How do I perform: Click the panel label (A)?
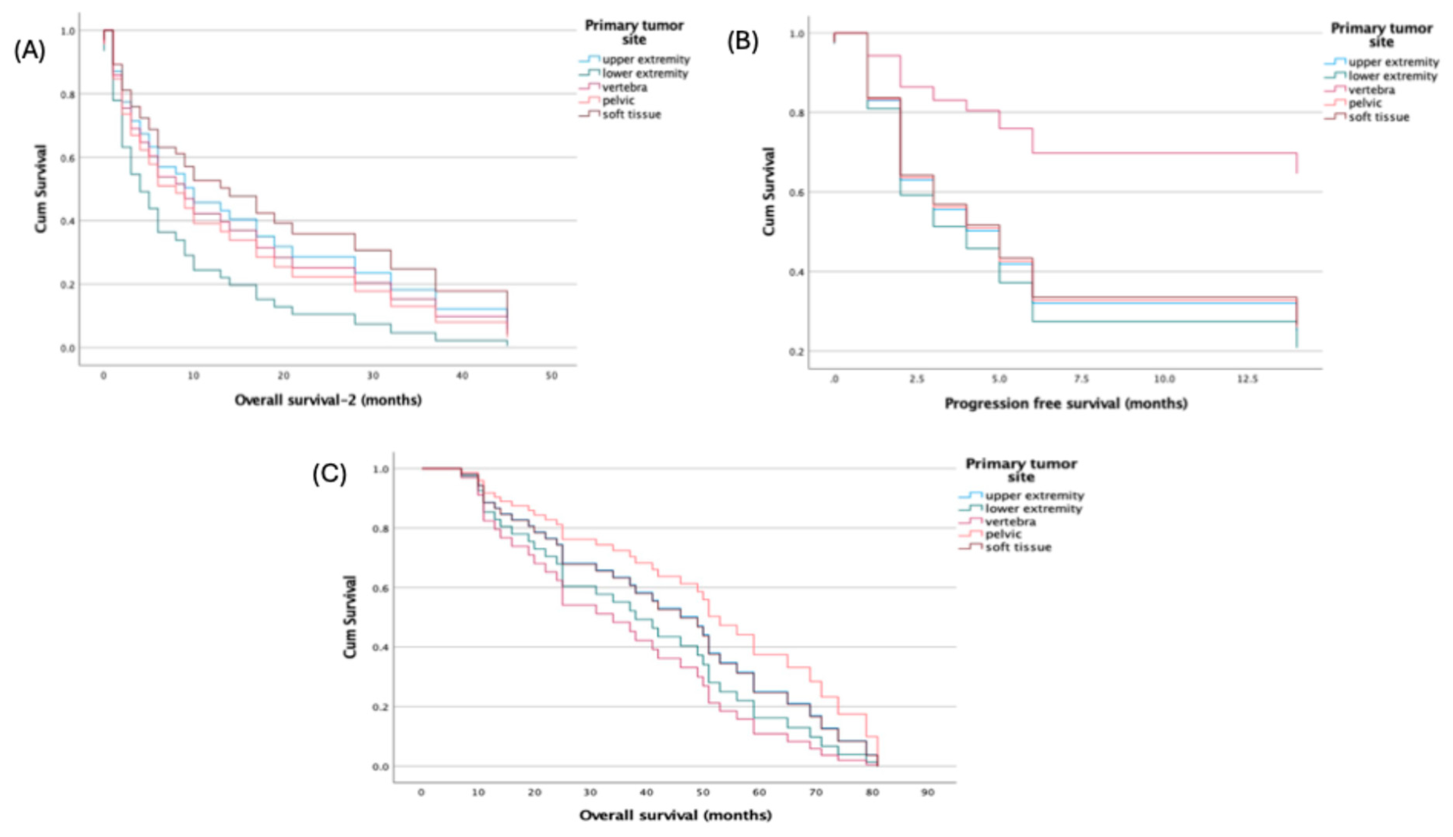29,51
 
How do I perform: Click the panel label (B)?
743,42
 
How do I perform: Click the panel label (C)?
330,474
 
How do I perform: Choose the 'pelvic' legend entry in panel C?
1003,534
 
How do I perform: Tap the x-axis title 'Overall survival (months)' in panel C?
675,815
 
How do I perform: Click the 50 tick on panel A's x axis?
551,376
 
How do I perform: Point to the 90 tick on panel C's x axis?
928,793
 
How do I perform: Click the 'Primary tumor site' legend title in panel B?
1381,35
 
